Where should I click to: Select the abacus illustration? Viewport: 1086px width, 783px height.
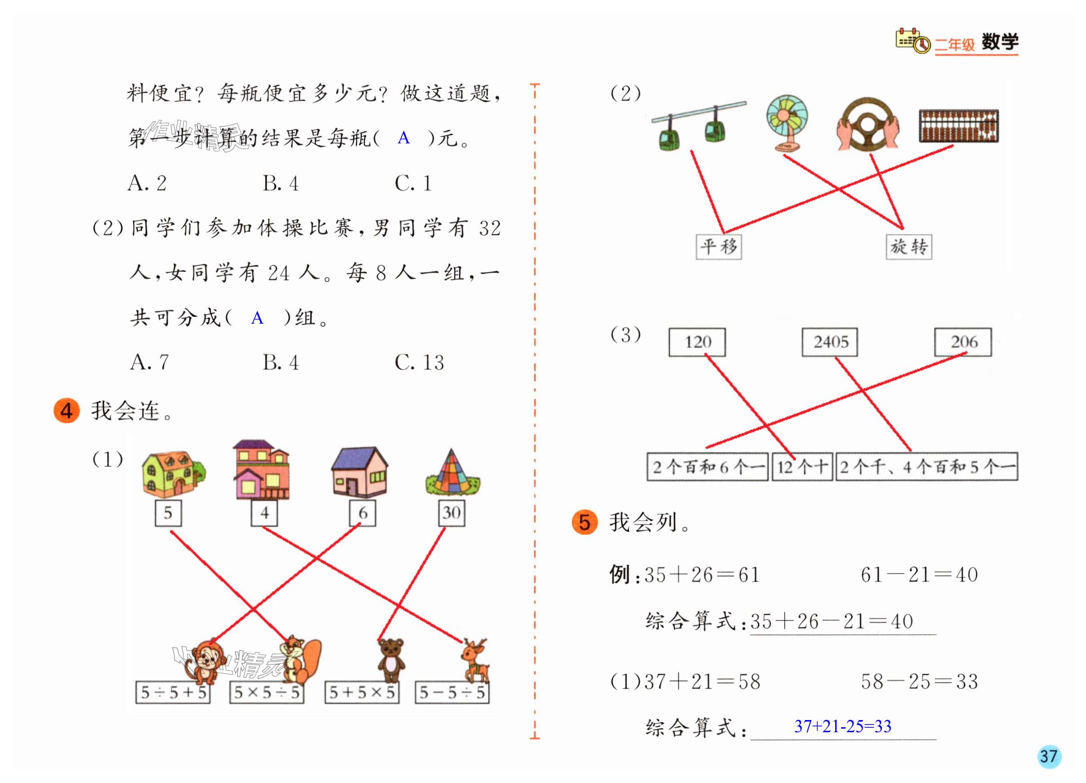click(x=959, y=126)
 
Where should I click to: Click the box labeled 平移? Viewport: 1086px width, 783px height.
click(x=718, y=247)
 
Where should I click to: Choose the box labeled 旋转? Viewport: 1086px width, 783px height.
click(x=908, y=247)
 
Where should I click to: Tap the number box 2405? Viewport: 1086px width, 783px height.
click(x=830, y=342)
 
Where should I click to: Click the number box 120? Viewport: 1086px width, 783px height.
click(x=697, y=342)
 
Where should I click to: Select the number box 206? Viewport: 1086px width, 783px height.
click(x=963, y=342)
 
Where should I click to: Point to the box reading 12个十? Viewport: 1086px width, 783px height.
click(x=802, y=467)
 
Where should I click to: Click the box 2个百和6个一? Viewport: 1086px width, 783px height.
click(x=708, y=467)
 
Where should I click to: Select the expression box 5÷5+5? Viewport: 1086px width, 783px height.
click(x=173, y=693)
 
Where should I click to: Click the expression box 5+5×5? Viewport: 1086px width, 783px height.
click(x=361, y=693)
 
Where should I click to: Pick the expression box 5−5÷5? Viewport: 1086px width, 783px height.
click(x=452, y=693)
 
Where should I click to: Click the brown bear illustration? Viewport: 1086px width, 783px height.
click(x=391, y=660)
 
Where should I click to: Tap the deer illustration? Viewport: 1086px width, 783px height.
click(x=475, y=660)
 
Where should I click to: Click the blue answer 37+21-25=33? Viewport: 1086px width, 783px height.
click(x=843, y=726)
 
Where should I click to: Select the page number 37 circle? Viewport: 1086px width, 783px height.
click(x=1049, y=756)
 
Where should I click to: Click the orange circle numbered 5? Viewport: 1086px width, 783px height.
click(x=585, y=522)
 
